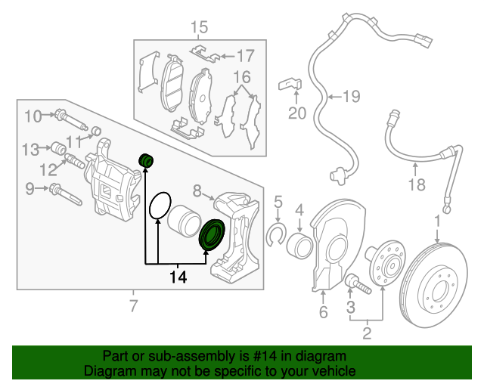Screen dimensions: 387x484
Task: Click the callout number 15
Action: point(198,29)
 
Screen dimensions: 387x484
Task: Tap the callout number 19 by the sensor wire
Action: point(351,96)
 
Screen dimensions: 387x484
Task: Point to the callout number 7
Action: point(134,306)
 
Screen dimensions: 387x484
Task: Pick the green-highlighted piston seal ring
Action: point(211,234)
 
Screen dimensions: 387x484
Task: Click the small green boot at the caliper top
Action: point(147,159)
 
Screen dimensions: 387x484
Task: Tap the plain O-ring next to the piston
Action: point(158,206)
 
